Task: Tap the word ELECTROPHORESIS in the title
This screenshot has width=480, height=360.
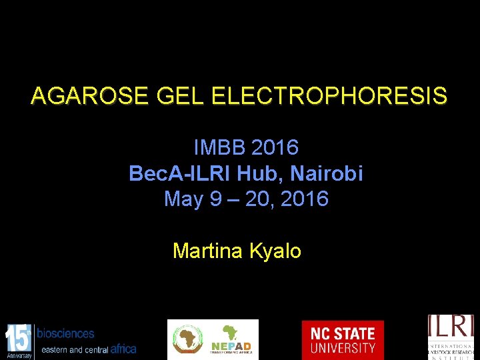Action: (x=329, y=97)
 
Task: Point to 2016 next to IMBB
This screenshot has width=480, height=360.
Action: (x=276, y=147)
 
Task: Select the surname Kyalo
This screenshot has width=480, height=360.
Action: (x=275, y=251)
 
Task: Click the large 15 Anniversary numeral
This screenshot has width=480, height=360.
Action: (x=19, y=337)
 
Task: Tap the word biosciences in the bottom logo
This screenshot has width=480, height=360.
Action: (x=65, y=333)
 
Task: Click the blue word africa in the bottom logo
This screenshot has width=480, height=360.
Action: (x=123, y=349)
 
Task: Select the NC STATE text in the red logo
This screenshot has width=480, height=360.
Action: (x=343, y=333)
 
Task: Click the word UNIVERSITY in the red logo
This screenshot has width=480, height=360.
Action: (x=343, y=348)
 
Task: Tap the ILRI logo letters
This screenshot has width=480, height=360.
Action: (x=451, y=328)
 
